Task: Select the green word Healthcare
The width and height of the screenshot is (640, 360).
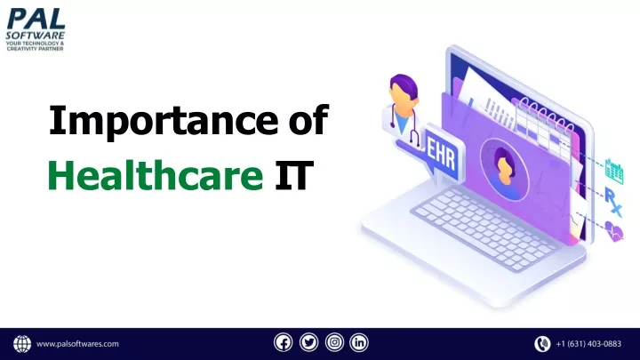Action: pos(156,175)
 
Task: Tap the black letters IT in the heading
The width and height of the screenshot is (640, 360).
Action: pos(294,175)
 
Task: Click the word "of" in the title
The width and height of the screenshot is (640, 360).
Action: pos(308,120)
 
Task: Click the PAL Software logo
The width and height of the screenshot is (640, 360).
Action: pos(36,29)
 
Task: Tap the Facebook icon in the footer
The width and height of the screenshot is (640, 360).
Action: pos(284,342)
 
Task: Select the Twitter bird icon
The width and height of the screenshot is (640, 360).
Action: pos(309,342)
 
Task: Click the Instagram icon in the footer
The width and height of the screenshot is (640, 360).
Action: pos(334,342)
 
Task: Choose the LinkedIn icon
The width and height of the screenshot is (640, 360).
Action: pos(359,342)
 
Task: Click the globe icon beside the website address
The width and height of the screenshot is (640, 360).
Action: pos(22,344)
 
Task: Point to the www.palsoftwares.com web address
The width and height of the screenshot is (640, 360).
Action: pos(77,344)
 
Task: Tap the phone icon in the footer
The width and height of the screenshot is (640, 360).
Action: pos(542,344)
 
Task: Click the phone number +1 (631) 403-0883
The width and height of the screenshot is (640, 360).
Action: pos(588,344)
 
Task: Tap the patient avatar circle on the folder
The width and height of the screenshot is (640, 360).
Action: pos(505,170)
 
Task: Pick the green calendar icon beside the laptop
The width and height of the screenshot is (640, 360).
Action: pos(614,172)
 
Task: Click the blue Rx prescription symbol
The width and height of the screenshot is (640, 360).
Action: pos(612,202)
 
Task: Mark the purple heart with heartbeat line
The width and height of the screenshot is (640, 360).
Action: pos(614,231)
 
